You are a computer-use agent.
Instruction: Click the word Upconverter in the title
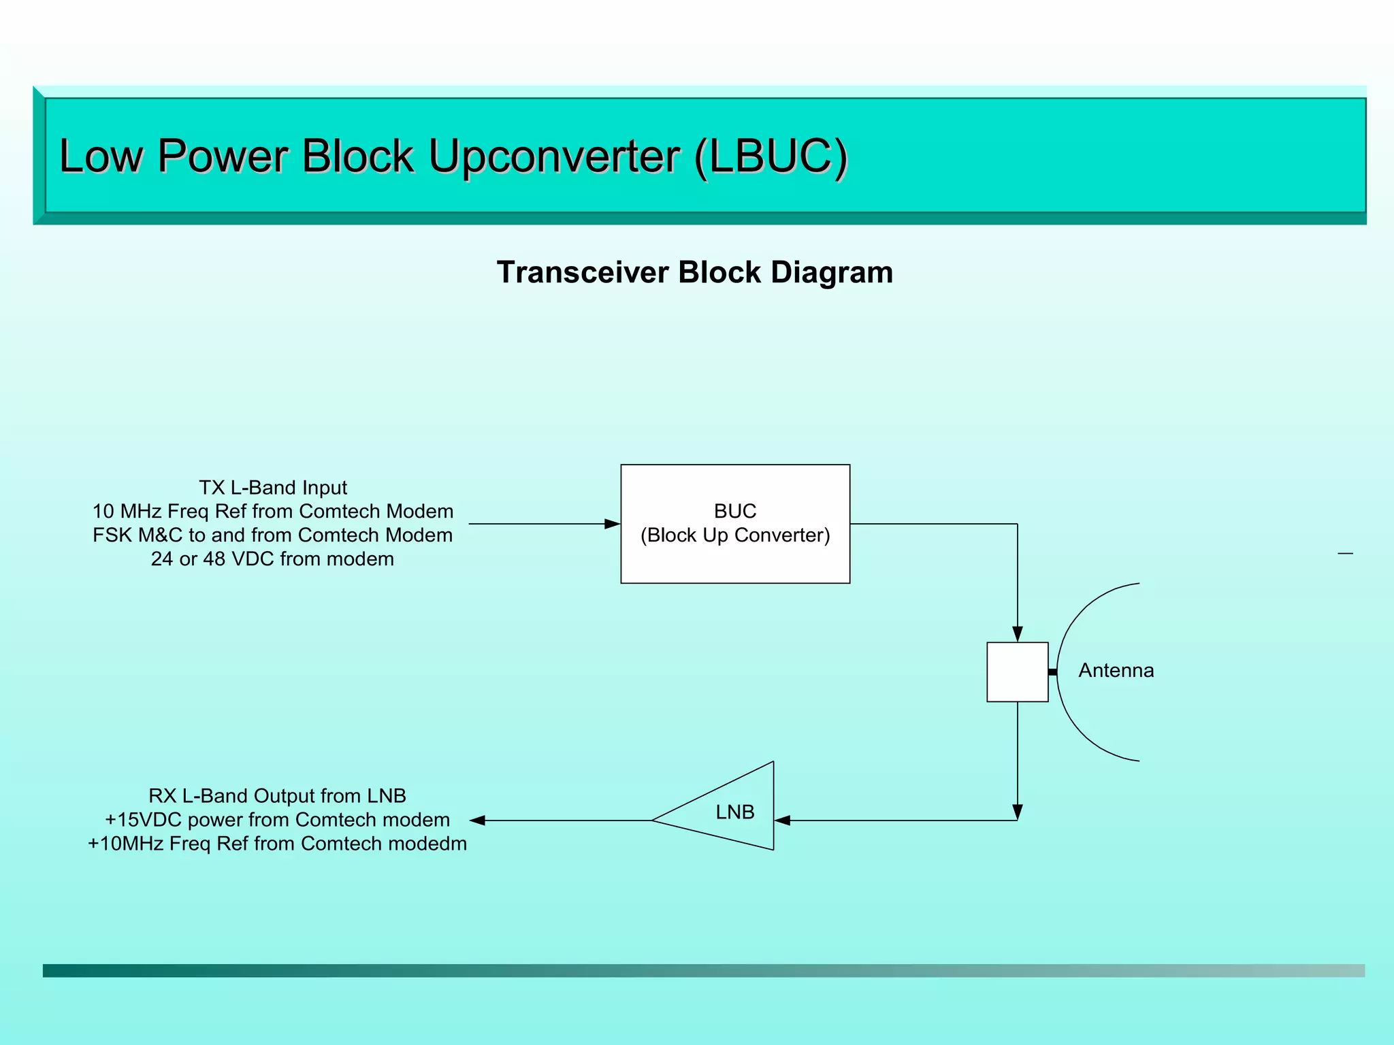553,156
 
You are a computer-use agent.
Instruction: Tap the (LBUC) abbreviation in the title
771,156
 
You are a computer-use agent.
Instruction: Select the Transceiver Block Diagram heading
694,272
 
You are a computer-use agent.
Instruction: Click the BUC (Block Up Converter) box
735,523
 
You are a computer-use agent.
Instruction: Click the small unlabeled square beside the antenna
1017,671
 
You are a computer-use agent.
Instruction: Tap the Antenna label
1116,671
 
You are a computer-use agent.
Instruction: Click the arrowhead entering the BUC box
613,524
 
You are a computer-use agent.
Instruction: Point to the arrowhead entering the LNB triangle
782,820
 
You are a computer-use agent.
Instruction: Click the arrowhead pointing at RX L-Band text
478,820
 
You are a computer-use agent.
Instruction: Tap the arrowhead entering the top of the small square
1018,634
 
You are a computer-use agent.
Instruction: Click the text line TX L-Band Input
272,488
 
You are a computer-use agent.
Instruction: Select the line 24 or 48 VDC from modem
272,559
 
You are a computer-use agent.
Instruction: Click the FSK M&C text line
272,535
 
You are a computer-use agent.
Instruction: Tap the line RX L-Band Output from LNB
277,796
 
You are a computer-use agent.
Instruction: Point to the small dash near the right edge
1345,554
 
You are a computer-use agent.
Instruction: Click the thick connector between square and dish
1052,672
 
